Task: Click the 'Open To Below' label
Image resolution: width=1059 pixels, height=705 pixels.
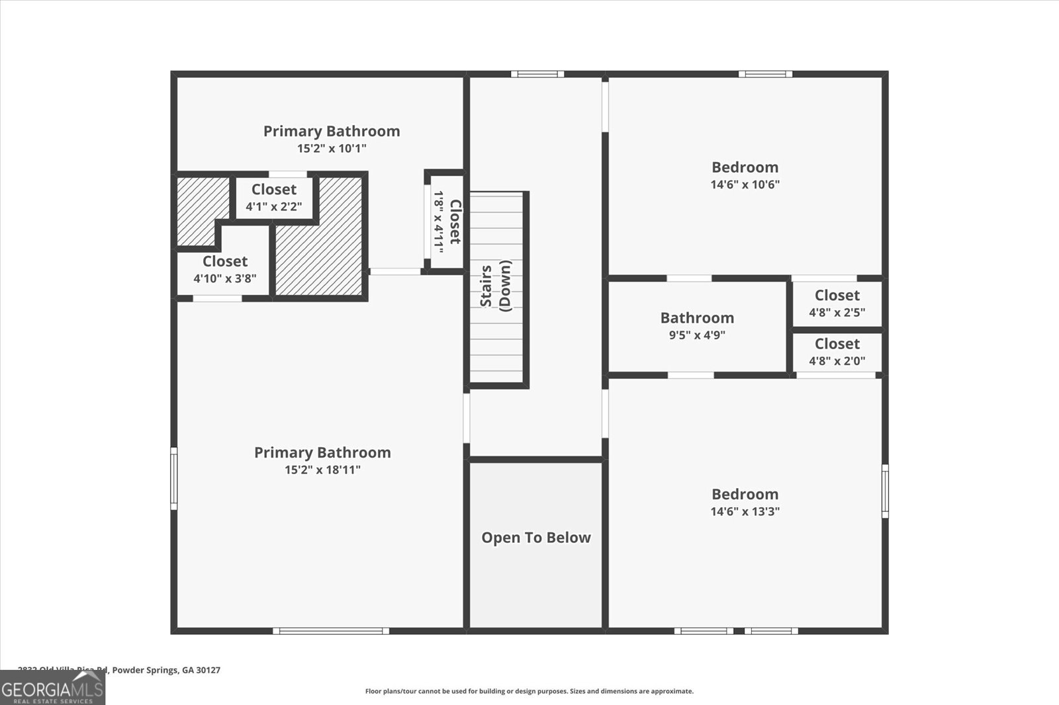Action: (x=535, y=538)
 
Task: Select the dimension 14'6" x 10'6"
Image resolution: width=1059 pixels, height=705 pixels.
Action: (x=745, y=185)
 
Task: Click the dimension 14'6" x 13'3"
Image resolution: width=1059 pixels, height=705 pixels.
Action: (x=745, y=511)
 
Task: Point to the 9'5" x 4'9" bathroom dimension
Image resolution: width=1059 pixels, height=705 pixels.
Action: (x=697, y=335)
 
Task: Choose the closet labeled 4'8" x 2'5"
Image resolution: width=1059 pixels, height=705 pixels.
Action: (x=837, y=304)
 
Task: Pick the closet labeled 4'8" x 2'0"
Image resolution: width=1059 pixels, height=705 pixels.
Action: (x=837, y=352)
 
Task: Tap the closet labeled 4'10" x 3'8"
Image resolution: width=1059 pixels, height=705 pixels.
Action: (x=224, y=269)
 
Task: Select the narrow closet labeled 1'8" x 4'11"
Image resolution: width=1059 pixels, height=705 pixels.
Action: (x=447, y=222)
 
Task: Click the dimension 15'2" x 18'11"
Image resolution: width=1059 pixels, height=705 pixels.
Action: (x=322, y=470)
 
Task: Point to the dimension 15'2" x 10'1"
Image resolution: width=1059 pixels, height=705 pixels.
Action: (x=331, y=148)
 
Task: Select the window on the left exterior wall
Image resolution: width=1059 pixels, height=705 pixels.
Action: (x=174, y=478)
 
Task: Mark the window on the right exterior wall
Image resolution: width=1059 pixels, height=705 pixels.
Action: (x=885, y=491)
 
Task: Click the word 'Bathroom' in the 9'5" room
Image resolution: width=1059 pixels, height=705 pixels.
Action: (x=697, y=317)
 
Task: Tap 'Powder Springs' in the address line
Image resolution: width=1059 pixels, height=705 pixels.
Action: (x=142, y=670)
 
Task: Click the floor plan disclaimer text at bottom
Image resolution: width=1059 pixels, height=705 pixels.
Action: (x=529, y=691)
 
